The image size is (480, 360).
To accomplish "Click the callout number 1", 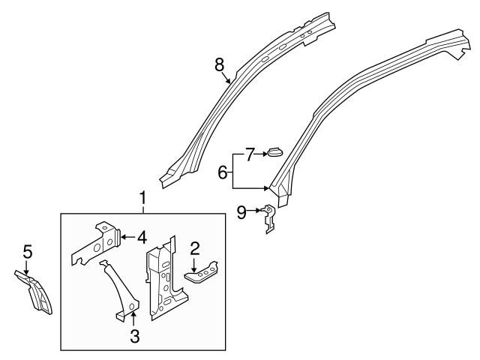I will coord(142,199).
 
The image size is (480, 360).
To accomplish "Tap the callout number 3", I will coord(134,337).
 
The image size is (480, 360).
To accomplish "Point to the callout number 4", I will coord(141,238).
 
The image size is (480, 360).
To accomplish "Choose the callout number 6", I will coord(223,172).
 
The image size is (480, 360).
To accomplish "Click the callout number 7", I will coord(250,154).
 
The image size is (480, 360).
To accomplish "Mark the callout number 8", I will coord(220,64).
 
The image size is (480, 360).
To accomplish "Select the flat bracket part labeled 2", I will coord(202,274).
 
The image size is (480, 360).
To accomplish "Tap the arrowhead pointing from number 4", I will coord(121,238).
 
